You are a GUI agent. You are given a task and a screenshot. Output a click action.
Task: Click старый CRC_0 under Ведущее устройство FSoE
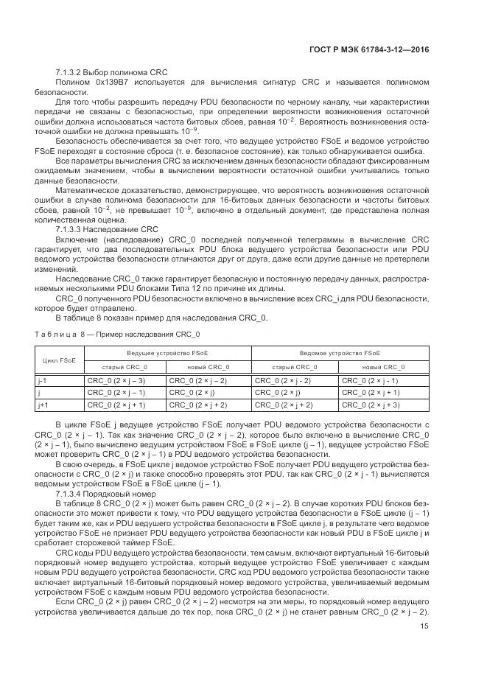pyautogui.click(x=125, y=366)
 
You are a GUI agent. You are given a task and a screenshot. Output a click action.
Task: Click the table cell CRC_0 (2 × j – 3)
pyautogui.click(x=116, y=381)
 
